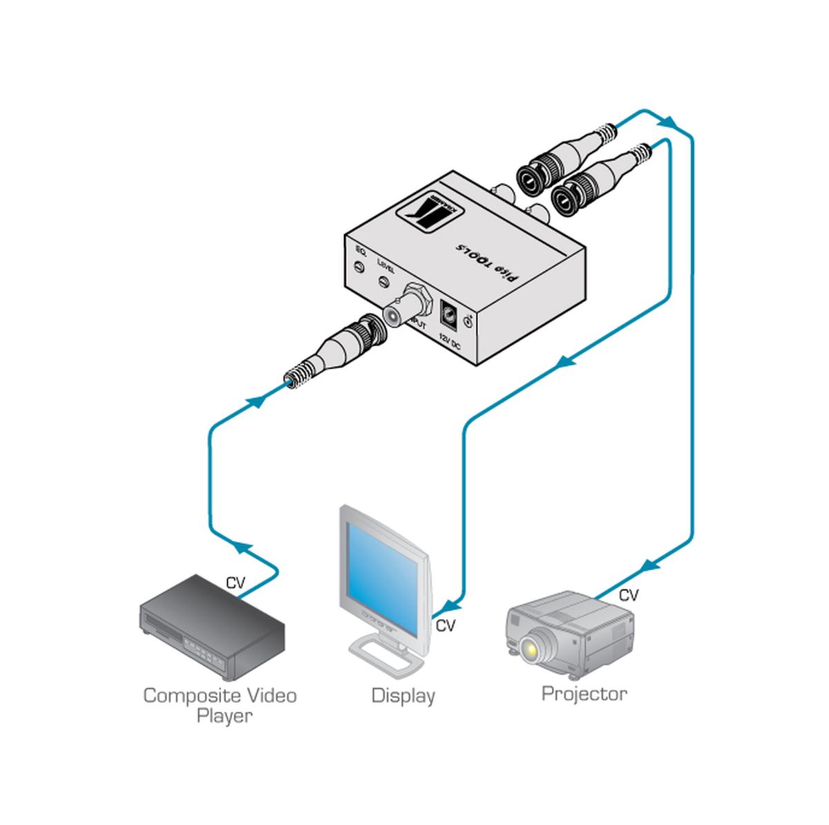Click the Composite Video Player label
click(220, 705)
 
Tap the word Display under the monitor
click(403, 695)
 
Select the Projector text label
click(584, 693)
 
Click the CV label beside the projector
click(628, 594)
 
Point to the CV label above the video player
click(236, 582)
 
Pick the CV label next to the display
click(446, 626)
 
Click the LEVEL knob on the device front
click(385, 282)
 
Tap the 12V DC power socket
click(449, 314)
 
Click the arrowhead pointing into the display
click(450, 606)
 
